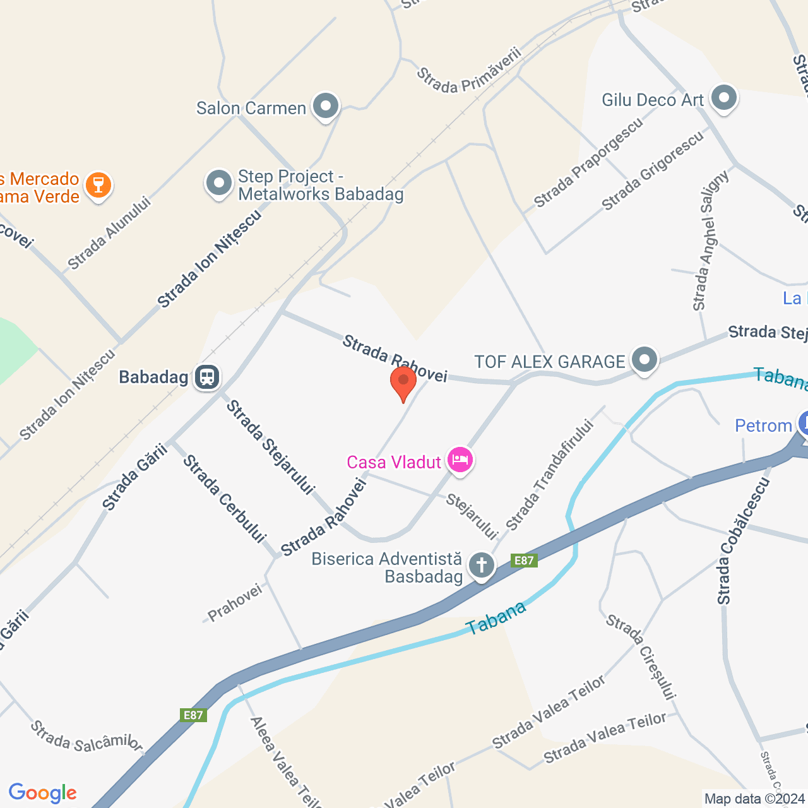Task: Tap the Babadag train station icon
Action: pos(207,377)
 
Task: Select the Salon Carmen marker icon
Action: pos(326,106)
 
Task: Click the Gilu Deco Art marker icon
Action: pos(723,98)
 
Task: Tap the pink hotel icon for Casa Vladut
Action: pos(460,460)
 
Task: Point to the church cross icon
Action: pos(482,565)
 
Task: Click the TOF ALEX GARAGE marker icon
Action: pos(644,360)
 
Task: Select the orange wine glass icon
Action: pos(98,185)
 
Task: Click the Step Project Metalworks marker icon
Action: pos(219,184)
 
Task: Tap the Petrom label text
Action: pos(763,426)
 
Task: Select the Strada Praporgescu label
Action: pos(588,163)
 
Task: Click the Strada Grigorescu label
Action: pos(652,171)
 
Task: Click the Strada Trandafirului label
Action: pos(550,475)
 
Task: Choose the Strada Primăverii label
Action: pos(468,71)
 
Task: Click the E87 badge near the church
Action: pos(524,561)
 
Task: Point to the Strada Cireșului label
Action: pos(641,657)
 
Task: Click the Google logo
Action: pos(43,793)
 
